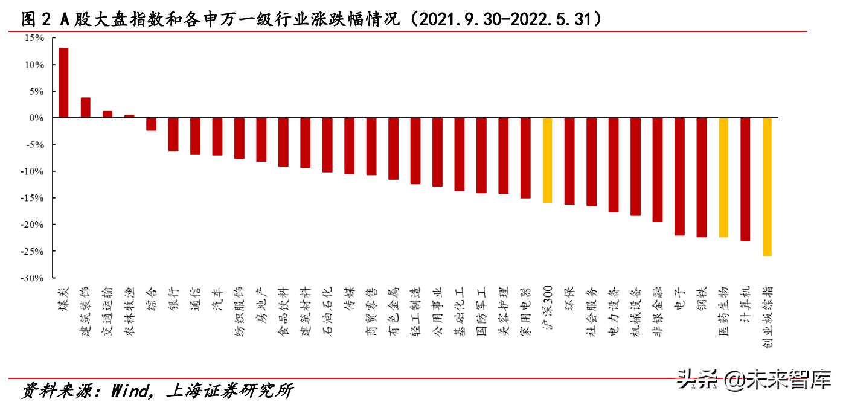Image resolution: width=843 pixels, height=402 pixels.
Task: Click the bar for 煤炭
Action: [x=63, y=83]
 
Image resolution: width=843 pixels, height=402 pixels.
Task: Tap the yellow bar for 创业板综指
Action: [x=767, y=187]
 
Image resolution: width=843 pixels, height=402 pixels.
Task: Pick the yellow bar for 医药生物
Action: [x=723, y=177]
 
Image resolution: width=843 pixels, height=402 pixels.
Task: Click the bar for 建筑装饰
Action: [x=85, y=107]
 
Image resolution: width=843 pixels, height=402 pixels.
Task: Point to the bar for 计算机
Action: [x=745, y=179]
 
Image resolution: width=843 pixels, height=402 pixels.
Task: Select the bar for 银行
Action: [x=173, y=134]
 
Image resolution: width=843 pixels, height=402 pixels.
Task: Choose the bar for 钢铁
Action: [x=701, y=177]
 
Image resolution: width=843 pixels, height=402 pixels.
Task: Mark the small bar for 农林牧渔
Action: [x=129, y=116]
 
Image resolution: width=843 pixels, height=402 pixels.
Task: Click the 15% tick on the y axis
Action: [x=34, y=38]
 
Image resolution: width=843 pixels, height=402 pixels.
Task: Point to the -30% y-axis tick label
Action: [x=33, y=278]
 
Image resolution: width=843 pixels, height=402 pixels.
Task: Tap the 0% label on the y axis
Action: [x=37, y=118]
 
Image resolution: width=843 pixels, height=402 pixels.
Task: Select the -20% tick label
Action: [x=33, y=225]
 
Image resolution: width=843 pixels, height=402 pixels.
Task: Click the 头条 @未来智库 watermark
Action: [x=755, y=379]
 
